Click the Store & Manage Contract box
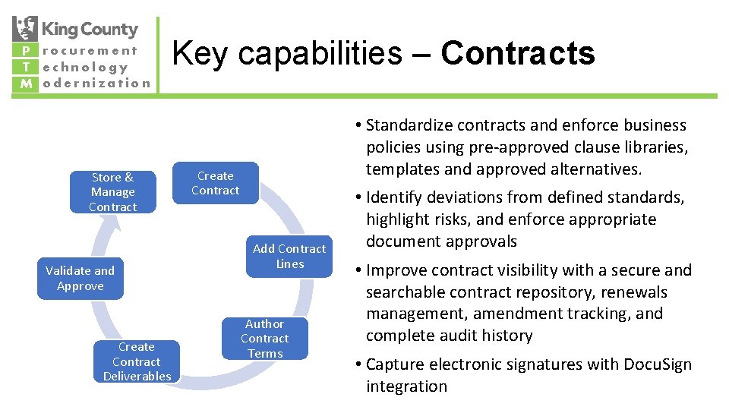113,192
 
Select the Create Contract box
215,183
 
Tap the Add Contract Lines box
289,256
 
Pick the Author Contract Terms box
265,339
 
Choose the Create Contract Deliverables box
137,361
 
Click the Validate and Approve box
80,278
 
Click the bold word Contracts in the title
518,53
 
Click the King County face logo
25,30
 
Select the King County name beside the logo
90,30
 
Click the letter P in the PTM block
25,52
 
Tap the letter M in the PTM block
25,84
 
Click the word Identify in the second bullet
396,197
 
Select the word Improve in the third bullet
397,270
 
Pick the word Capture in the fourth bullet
396,364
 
